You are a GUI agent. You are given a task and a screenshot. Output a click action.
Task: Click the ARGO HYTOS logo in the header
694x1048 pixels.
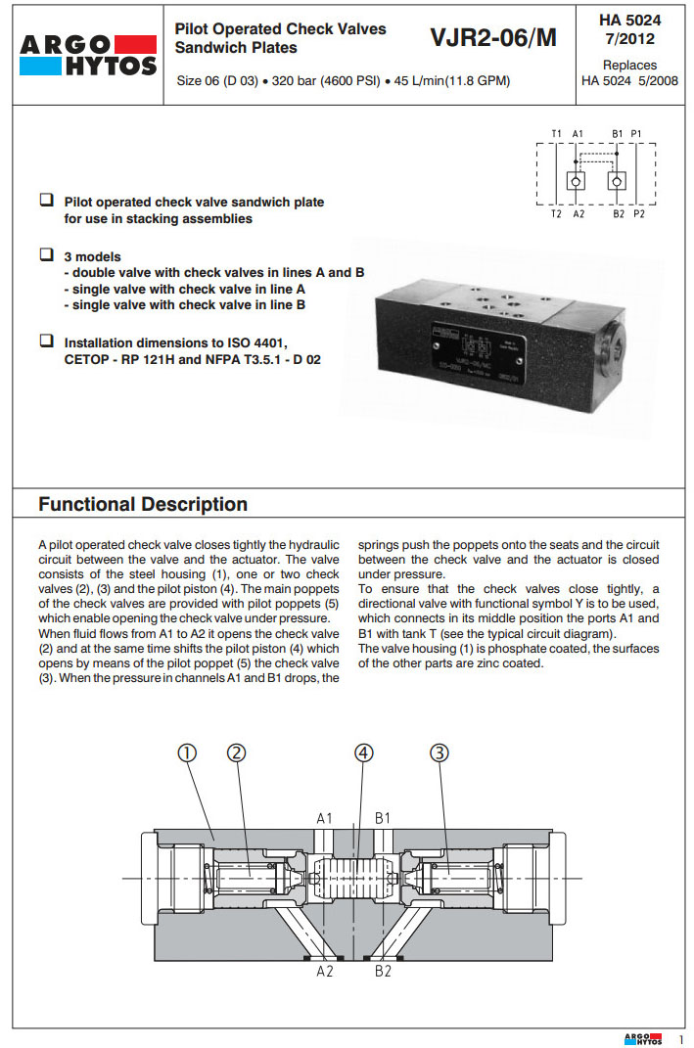point(87,55)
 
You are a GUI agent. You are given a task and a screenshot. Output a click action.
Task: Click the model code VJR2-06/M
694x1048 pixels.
point(492,38)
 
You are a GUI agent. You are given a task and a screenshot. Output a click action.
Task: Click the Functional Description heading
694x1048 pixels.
point(143,505)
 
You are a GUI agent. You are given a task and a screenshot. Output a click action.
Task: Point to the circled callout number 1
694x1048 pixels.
point(187,752)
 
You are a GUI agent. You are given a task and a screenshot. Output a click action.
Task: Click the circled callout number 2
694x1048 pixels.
point(236,752)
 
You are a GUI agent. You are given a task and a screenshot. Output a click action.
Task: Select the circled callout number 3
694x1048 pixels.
point(440,752)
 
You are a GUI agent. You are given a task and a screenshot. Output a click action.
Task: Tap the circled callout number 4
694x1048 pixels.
point(363,752)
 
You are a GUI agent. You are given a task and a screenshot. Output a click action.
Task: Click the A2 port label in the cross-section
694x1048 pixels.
point(325,972)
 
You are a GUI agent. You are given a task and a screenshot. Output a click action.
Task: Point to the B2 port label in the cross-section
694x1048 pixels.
point(383,972)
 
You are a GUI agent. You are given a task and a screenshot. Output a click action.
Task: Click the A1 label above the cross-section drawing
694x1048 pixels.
point(325,817)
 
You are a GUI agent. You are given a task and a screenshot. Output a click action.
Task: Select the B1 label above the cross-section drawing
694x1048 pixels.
point(383,817)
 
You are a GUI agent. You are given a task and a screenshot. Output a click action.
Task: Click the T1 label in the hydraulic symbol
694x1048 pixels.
point(555,133)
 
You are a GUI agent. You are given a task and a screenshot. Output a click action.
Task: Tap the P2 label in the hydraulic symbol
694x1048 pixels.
point(638,213)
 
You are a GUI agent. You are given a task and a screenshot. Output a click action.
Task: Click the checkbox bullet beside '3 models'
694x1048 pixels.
point(46,254)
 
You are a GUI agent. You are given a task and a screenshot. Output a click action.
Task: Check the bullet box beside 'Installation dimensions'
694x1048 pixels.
point(46,342)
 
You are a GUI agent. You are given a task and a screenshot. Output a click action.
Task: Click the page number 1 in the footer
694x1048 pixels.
point(680,1038)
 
